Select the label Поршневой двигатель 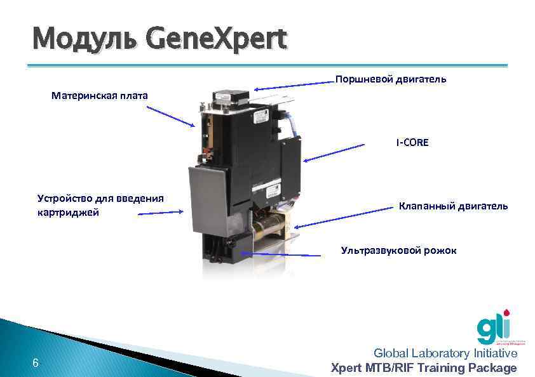click(390, 79)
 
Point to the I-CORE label click(412, 143)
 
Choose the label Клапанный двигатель click(453, 206)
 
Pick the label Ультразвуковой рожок click(398, 251)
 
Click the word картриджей click(68, 213)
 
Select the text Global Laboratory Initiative click(445, 354)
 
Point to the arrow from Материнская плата click(170, 116)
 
